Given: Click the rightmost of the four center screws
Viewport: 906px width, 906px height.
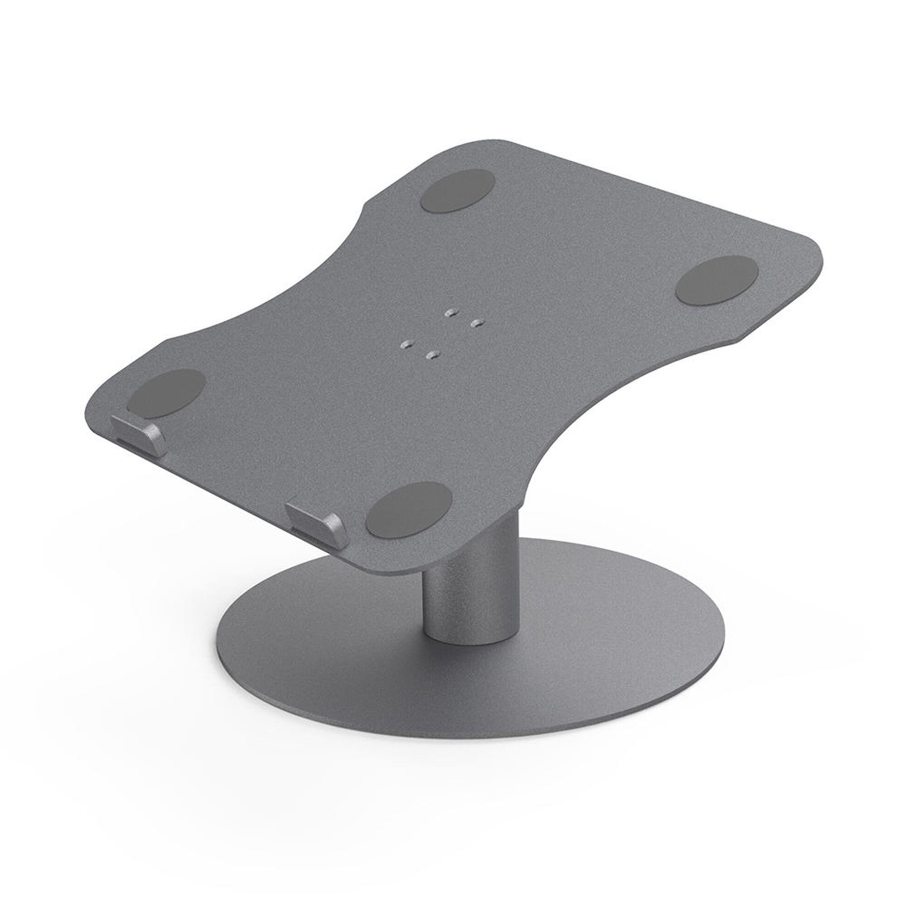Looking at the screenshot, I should (477, 323).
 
